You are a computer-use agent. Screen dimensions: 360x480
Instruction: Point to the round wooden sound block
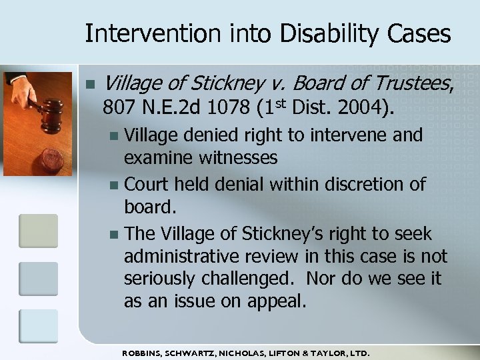coord(51,161)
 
